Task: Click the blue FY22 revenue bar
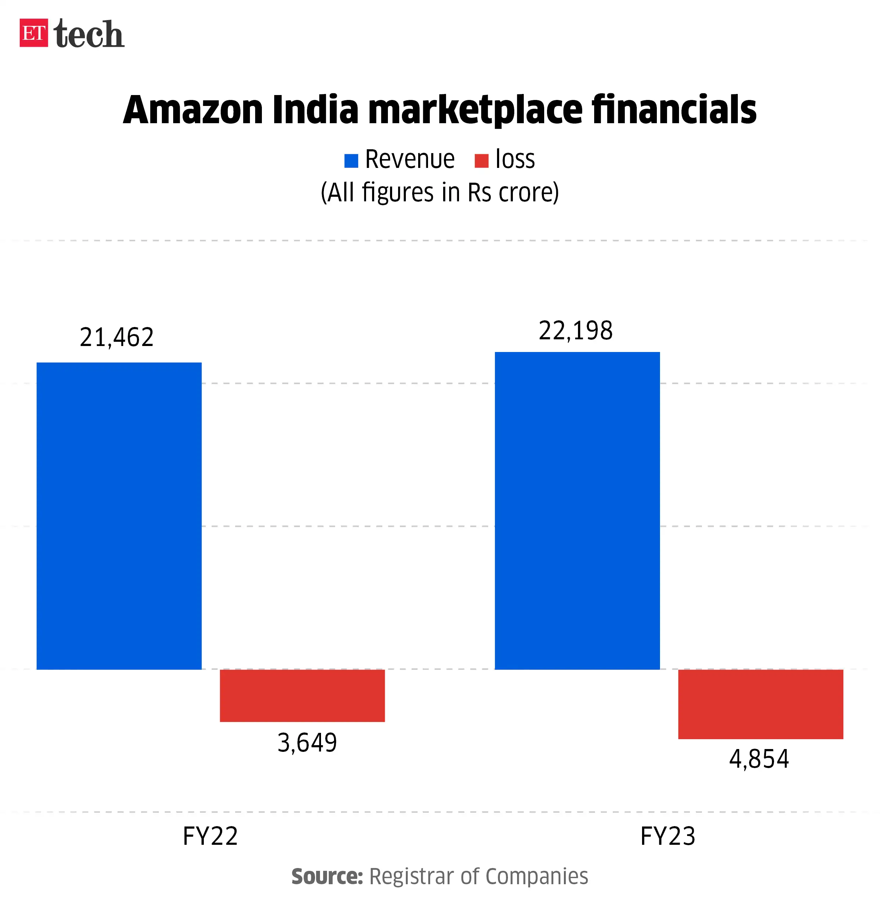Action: pyautogui.click(x=119, y=516)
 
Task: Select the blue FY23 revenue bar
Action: pyautogui.click(x=577, y=510)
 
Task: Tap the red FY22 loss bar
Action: pyautogui.click(x=302, y=696)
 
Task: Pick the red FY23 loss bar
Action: pyautogui.click(x=760, y=704)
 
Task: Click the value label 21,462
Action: pyautogui.click(x=117, y=337)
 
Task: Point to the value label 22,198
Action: pyautogui.click(x=576, y=331)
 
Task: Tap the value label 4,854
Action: pyautogui.click(x=759, y=759)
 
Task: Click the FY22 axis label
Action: pyautogui.click(x=210, y=836)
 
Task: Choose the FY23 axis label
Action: pyautogui.click(x=667, y=836)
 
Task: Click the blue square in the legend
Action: pyautogui.click(x=351, y=161)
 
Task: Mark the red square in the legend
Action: pyautogui.click(x=481, y=161)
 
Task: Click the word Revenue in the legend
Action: pyautogui.click(x=409, y=159)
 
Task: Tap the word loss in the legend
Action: pyautogui.click(x=515, y=159)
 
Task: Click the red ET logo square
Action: pyautogui.click(x=33, y=33)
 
